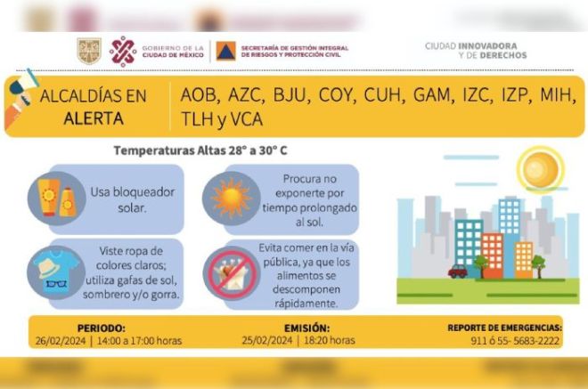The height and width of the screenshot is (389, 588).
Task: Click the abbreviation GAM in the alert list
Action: (432, 95)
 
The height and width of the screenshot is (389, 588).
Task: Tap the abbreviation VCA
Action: (247, 119)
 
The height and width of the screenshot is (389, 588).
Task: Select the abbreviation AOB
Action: (199, 95)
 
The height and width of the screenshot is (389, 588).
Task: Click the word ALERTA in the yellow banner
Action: (94, 118)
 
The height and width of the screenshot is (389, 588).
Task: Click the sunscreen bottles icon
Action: (57, 198)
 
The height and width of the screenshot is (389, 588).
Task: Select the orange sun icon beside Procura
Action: (231, 199)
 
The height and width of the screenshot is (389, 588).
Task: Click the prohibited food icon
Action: (232, 273)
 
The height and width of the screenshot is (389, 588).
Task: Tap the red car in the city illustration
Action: (458, 271)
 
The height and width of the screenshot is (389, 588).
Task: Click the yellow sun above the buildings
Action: (541, 168)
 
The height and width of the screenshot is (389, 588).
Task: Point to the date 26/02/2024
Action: (61, 341)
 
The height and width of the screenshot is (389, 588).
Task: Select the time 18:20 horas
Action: (330, 340)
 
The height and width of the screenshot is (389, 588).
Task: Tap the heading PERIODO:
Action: (102, 328)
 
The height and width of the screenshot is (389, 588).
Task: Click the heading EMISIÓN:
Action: (306, 328)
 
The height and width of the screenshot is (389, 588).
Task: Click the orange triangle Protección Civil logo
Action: (225, 51)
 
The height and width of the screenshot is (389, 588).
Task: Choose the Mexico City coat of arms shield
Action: (89, 51)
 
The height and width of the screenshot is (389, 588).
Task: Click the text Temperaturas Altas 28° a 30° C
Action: (200, 150)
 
